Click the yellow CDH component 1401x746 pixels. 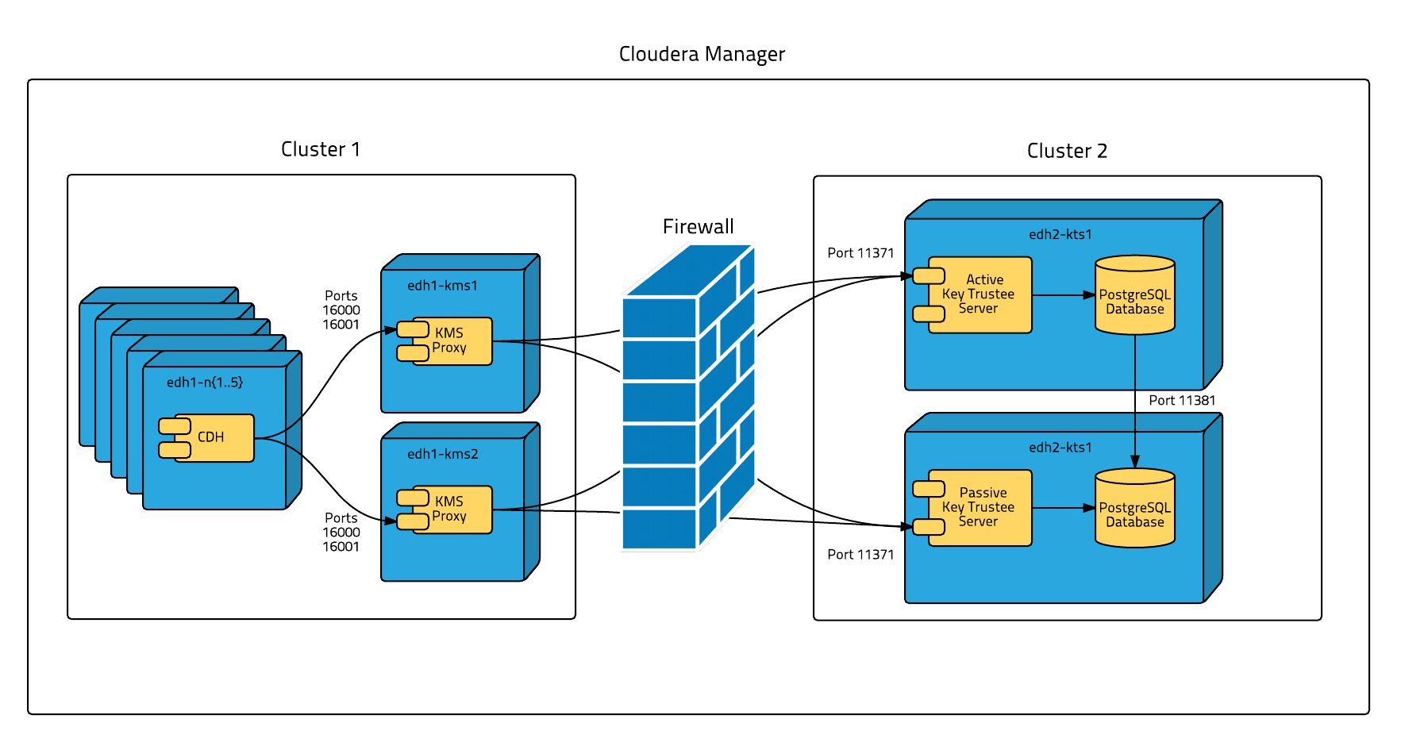point(213,438)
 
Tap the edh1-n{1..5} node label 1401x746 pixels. point(205,383)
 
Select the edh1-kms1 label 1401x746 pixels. point(442,286)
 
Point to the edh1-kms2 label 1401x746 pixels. point(442,454)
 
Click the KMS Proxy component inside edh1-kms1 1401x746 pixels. point(451,341)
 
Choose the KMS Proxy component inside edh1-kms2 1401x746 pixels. point(451,510)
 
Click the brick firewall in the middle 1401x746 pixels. point(687,397)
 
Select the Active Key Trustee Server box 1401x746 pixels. point(980,295)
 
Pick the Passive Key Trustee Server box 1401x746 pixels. point(980,508)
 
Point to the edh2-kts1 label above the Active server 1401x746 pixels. point(1060,235)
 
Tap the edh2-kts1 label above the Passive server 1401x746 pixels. point(1060,448)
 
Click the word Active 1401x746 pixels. point(984,280)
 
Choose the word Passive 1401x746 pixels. point(983,493)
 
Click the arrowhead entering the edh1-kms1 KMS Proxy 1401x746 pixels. point(390,330)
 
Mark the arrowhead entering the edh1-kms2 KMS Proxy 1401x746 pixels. point(390,521)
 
